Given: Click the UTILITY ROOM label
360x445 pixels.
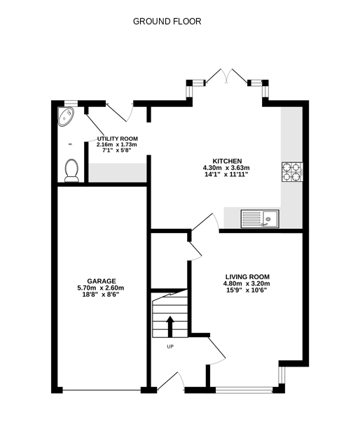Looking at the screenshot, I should [x=117, y=139].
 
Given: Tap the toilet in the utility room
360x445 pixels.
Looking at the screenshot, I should [x=70, y=170].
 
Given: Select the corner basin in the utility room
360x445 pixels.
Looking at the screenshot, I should [x=67, y=117].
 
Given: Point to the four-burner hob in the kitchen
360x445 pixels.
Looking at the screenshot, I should [x=292, y=172].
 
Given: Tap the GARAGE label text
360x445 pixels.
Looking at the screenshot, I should [x=101, y=281].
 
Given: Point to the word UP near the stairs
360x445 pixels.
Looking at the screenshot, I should [x=169, y=347].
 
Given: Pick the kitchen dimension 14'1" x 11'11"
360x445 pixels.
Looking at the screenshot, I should [x=226, y=175].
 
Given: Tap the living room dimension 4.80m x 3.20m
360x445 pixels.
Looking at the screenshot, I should [x=247, y=283].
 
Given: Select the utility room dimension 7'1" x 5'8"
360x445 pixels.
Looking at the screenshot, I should [x=117, y=150].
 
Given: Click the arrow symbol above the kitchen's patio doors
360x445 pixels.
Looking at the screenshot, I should [x=226, y=73].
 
